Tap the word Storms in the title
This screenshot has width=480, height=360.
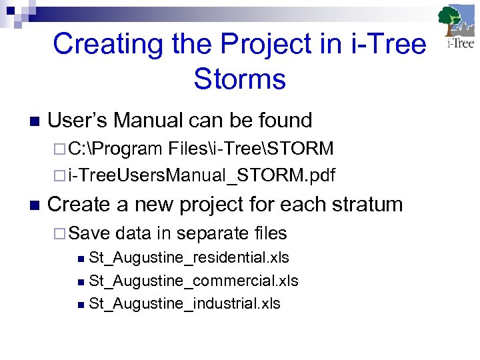point(239,79)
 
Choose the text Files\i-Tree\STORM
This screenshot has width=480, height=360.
point(251,148)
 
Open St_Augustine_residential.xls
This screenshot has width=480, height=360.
point(189,258)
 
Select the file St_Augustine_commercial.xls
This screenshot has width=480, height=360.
point(193,281)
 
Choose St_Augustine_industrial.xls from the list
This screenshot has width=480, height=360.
point(185,304)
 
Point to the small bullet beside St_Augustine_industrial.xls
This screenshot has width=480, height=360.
point(81,305)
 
